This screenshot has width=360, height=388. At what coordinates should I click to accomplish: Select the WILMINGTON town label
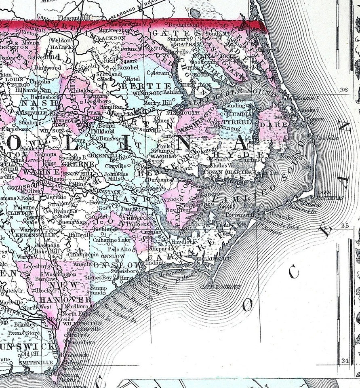tap(87, 324)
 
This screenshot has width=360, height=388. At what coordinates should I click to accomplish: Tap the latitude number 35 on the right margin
tap(344, 226)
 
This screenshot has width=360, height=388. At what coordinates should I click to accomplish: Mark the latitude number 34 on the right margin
tap(344, 361)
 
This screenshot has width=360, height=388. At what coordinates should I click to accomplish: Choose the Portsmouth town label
tap(238, 215)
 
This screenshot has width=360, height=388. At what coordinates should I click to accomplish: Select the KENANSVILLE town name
tap(29, 234)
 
